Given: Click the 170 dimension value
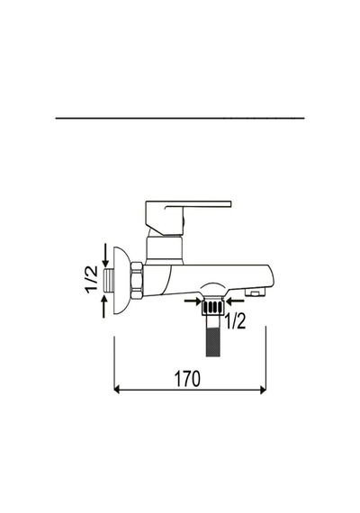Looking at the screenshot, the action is pyautogui.click(x=187, y=379).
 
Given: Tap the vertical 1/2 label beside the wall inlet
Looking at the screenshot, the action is pyautogui.click(x=92, y=279).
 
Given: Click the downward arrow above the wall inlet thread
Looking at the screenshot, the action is pyautogui.click(x=105, y=255).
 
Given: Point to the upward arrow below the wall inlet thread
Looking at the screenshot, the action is pyautogui.click(x=104, y=306).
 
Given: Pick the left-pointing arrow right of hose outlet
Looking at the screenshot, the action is pyautogui.click(x=235, y=301).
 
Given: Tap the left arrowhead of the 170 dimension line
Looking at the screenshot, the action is pyautogui.click(x=116, y=390).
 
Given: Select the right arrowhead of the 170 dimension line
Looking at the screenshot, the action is pyautogui.click(x=263, y=390).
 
